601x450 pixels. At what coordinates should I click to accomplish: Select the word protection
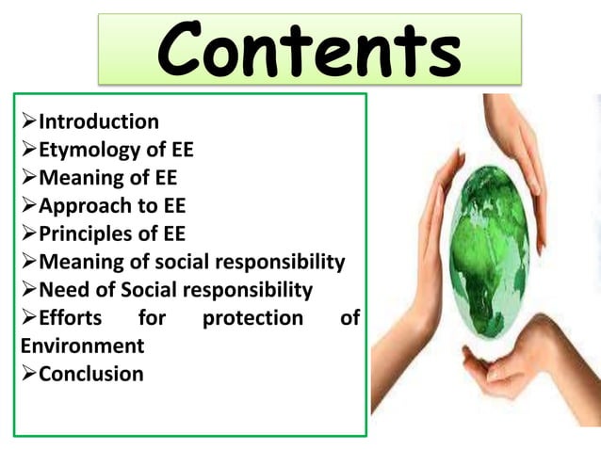[x=253, y=318]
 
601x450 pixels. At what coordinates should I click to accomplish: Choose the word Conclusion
[x=91, y=374]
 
